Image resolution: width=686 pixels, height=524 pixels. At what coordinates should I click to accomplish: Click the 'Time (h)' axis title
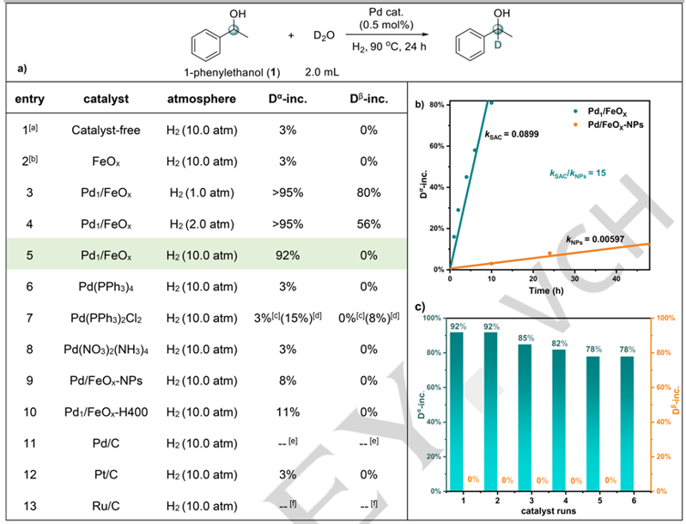(549, 292)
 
